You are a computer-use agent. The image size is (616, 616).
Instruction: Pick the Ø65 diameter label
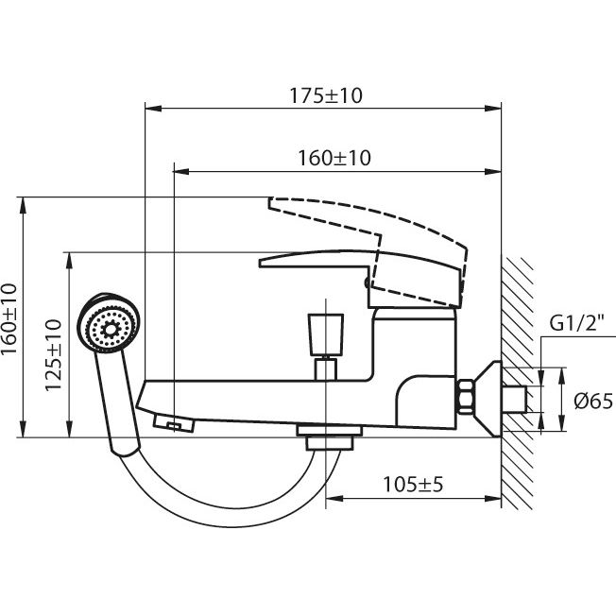[x=593, y=401]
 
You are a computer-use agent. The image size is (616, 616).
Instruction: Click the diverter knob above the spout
[x=324, y=334]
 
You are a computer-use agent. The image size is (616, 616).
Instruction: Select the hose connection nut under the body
[x=327, y=437]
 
